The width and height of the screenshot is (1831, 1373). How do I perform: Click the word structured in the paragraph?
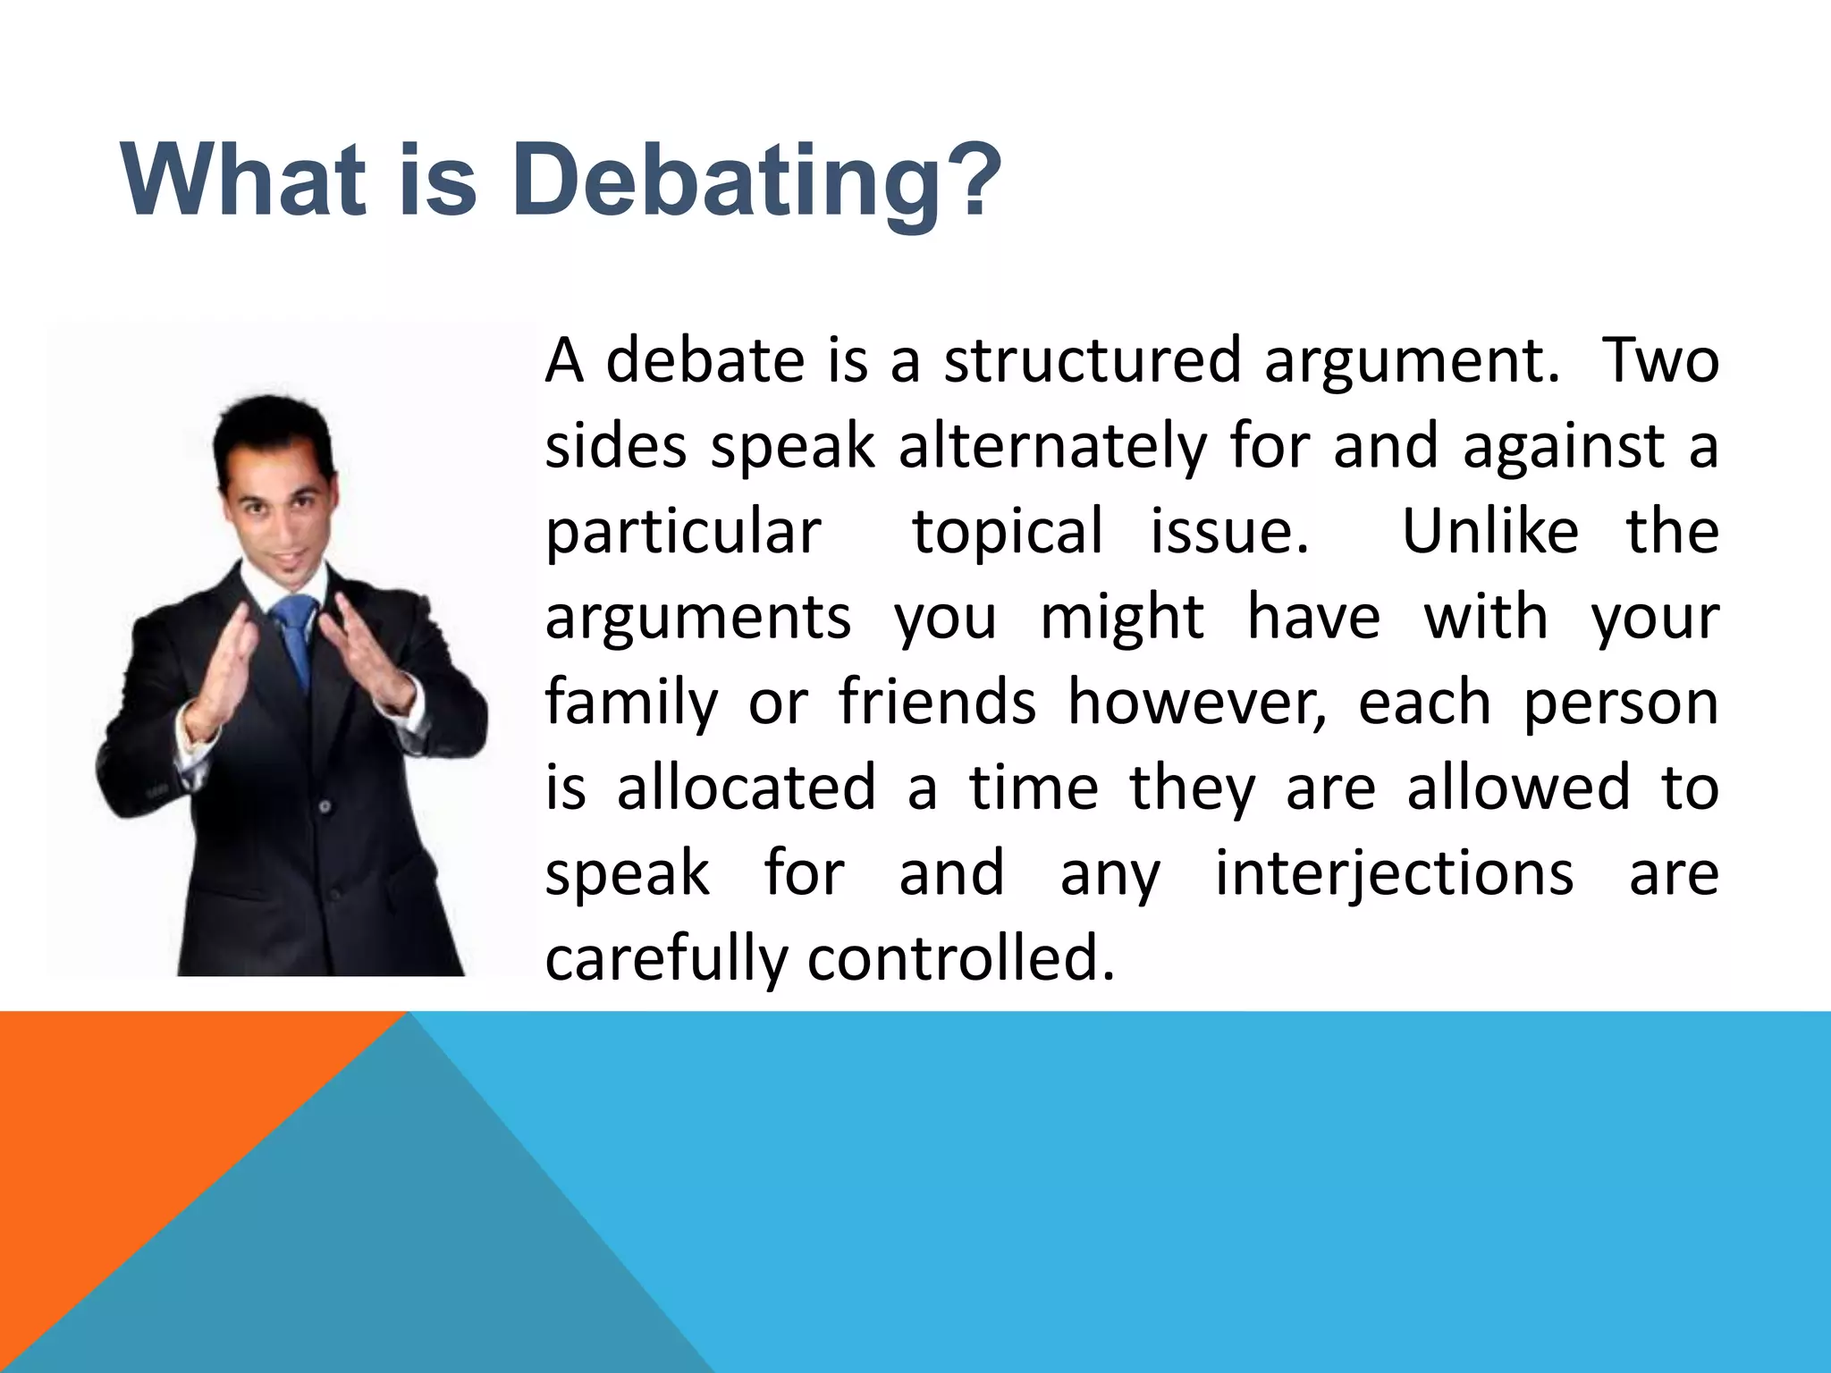coord(1093,360)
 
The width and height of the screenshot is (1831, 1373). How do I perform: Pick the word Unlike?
coord(1489,531)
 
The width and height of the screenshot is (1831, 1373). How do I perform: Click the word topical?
coord(1007,533)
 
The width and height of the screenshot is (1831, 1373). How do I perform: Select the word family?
coord(631,703)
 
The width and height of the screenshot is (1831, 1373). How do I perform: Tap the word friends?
coord(937,702)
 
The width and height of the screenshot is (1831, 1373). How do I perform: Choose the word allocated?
coord(747,788)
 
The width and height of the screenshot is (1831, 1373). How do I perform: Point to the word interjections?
coord(1394,874)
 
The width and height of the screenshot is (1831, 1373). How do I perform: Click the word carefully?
coord(666,960)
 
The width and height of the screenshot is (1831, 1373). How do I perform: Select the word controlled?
coord(961,958)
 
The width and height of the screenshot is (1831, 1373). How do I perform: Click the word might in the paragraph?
coord(1122,617)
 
